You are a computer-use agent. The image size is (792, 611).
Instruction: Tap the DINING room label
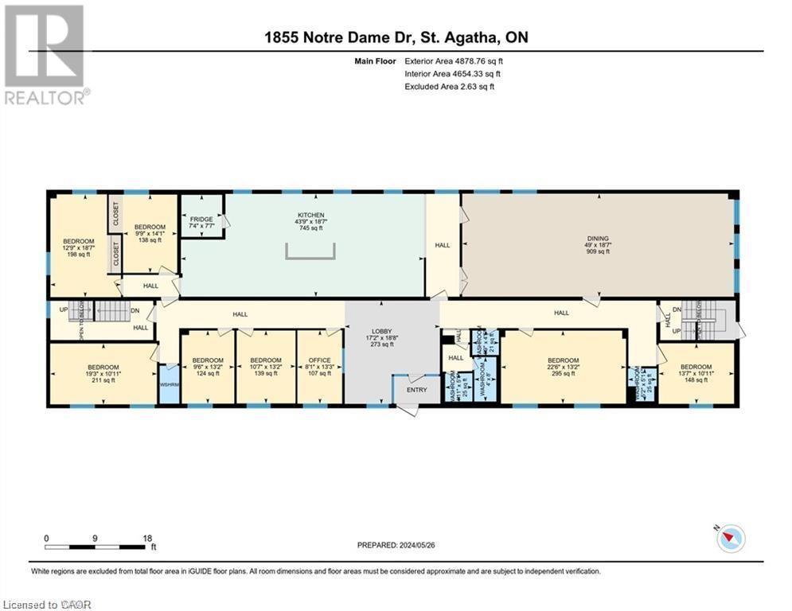(598, 244)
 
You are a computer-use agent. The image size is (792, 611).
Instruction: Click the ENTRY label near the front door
(416, 390)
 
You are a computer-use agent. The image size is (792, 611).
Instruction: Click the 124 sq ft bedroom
(208, 367)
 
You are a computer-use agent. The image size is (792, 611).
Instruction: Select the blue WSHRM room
(169, 385)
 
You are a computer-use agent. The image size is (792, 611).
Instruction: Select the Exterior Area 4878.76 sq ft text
(454, 60)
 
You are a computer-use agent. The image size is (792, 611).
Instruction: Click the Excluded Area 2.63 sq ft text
(449, 87)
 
